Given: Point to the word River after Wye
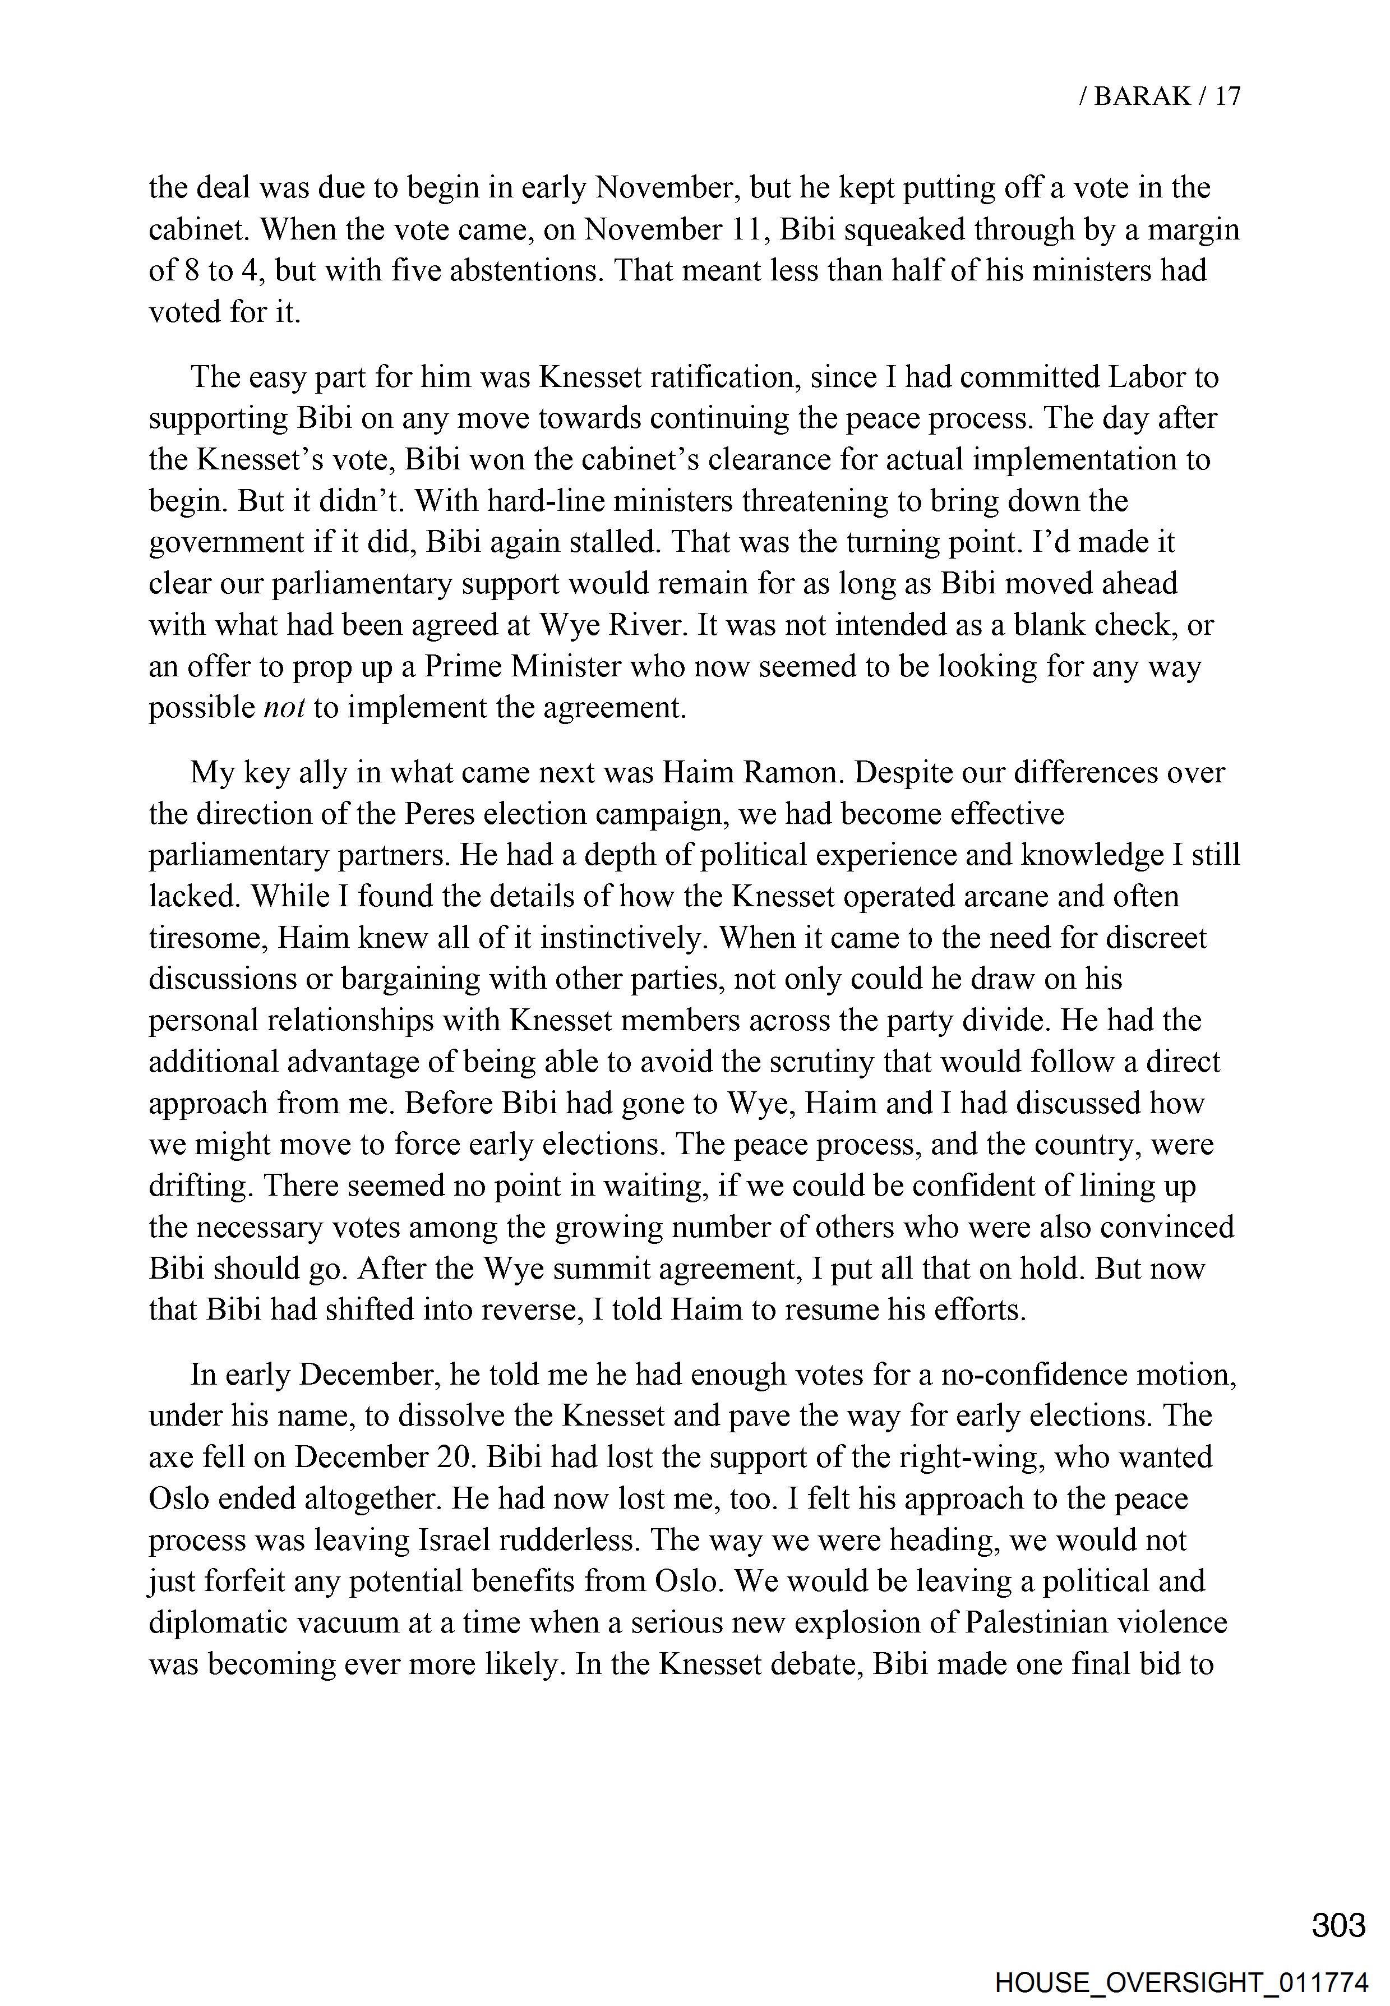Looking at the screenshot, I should pos(653,625).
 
